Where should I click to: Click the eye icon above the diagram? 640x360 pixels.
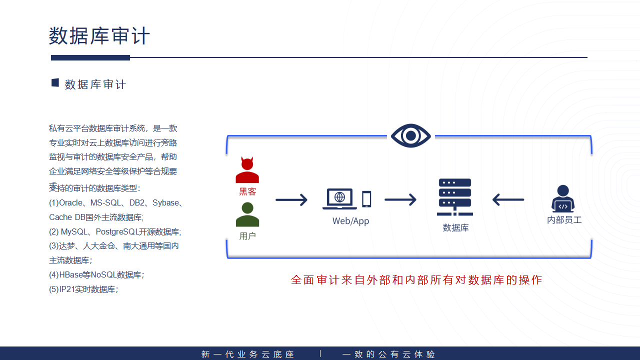410,135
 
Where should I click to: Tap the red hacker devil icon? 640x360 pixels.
247,170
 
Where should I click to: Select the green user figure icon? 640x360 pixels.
247,214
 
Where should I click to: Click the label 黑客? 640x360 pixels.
247,191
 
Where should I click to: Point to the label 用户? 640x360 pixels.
247,236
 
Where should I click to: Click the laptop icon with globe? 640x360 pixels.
339,198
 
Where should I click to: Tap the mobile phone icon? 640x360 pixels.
366,199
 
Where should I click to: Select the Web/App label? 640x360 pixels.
350,221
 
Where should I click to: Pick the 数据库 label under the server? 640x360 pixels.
455,228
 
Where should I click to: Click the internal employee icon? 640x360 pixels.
563,198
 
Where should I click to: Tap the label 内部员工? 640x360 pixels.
564,220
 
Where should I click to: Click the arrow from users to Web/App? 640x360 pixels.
291,200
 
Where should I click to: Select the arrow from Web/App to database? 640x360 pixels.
400,200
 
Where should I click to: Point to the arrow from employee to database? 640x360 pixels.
508,200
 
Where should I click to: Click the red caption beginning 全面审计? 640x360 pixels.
416,280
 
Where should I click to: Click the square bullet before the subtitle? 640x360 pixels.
55,83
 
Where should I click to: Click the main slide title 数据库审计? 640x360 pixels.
99,36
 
